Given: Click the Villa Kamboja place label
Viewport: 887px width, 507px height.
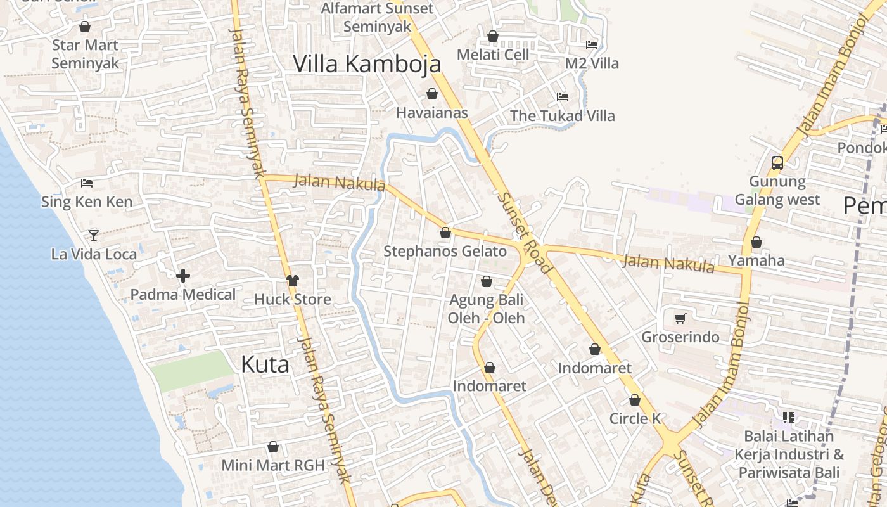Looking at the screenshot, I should click(367, 64).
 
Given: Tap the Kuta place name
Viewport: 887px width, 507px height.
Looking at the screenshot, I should click(265, 364).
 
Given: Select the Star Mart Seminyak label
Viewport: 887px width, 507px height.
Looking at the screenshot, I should click(85, 54).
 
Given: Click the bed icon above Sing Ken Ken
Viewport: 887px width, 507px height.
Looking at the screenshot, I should click(87, 183).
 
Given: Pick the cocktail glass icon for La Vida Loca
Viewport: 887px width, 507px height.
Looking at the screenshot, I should click(94, 235).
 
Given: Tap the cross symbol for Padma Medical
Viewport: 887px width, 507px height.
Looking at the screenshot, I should click(183, 276).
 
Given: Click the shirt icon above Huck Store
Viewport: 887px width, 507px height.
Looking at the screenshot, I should click(292, 280).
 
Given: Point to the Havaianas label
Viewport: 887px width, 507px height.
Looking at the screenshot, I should click(432, 113).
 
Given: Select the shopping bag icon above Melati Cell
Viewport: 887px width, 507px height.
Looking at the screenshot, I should click(493, 36).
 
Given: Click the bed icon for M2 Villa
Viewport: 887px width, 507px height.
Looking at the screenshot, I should click(592, 45).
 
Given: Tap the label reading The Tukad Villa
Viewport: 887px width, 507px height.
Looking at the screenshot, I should click(563, 116).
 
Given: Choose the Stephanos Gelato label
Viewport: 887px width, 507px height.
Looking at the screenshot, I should click(445, 252).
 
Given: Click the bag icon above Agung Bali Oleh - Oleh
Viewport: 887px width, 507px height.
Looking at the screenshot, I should click(487, 281).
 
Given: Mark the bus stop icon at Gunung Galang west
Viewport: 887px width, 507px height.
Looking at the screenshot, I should click(777, 163).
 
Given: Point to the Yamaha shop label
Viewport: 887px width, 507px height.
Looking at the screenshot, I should click(756, 260).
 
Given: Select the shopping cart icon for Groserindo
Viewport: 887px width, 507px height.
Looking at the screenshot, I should click(680, 318).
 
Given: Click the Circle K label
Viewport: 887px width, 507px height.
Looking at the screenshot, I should click(635, 418).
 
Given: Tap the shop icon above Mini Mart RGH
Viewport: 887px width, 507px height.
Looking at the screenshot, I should click(273, 447).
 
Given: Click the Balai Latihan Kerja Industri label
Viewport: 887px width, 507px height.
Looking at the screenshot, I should click(789, 454).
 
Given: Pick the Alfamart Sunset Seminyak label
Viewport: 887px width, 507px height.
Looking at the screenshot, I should click(378, 18).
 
